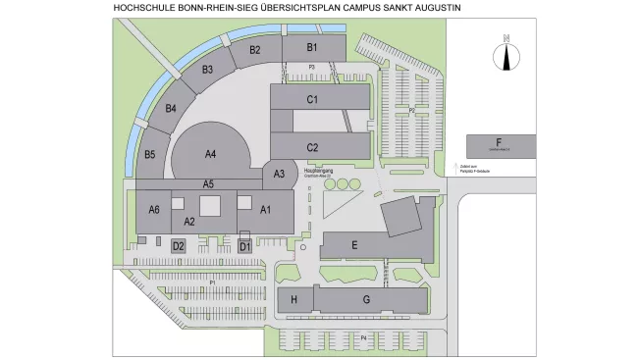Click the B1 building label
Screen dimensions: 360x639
click(312, 46)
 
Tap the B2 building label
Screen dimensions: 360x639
click(255, 50)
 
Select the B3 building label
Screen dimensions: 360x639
click(208, 70)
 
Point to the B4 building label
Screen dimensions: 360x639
click(171, 108)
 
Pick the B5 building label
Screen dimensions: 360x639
click(150, 154)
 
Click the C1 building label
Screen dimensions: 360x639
click(312, 99)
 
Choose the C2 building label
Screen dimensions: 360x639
click(312, 147)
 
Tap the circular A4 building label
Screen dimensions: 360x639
click(210, 154)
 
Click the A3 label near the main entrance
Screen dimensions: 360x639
click(279, 175)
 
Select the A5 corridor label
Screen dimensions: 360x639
click(209, 183)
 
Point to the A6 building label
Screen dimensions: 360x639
click(154, 209)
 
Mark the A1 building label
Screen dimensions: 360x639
click(265, 209)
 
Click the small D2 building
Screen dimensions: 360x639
click(179, 246)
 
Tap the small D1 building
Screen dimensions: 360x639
click(245, 246)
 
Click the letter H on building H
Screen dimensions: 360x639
click(294, 300)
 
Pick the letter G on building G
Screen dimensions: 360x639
click(366, 300)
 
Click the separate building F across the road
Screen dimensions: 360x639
click(500, 145)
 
